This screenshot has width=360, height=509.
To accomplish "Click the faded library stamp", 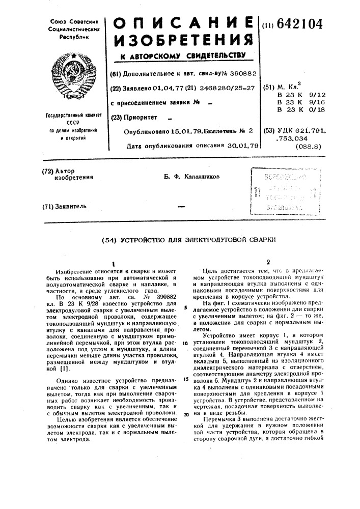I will pos(284,190).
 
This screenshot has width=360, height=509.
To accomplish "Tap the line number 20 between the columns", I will pos(186,414).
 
